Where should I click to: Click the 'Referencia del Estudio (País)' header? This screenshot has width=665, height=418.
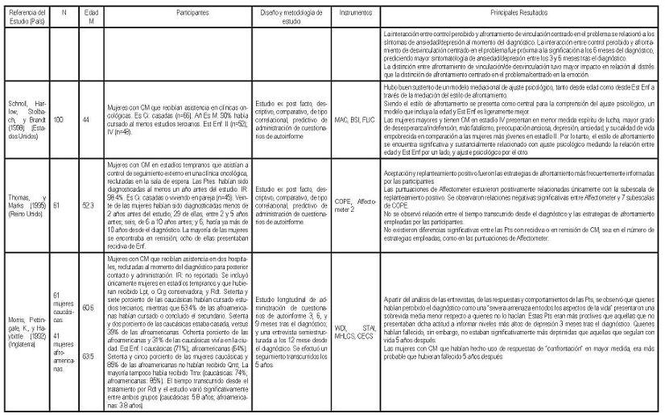(x=25, y=15)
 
